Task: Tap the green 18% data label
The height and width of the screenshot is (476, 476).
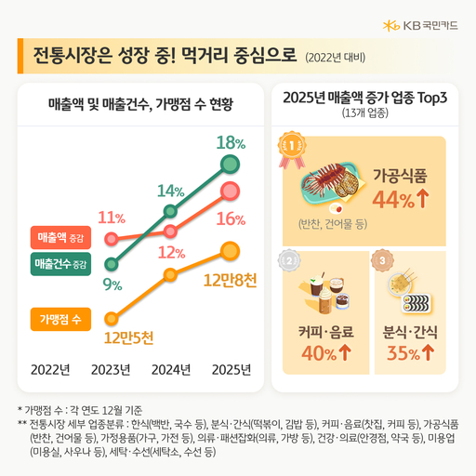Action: coord(230,143)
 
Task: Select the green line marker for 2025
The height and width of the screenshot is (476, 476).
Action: coord(230,165)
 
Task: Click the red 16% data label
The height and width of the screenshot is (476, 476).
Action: coord(230,219)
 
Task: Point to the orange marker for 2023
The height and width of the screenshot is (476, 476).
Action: coord(112,318)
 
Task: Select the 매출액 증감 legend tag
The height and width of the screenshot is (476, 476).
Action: coord(62,237)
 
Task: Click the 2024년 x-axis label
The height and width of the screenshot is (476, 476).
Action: coord(170,369)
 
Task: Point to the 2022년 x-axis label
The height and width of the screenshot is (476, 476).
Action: coord(51,369)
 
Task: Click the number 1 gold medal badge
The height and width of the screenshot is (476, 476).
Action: coord(293,146)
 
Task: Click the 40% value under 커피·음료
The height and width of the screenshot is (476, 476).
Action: coord(318,353)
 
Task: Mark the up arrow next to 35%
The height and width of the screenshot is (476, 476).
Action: coord(429,353)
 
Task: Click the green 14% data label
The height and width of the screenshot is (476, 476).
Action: coord(170,191)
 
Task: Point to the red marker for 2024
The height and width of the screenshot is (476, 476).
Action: coord(170,231)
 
